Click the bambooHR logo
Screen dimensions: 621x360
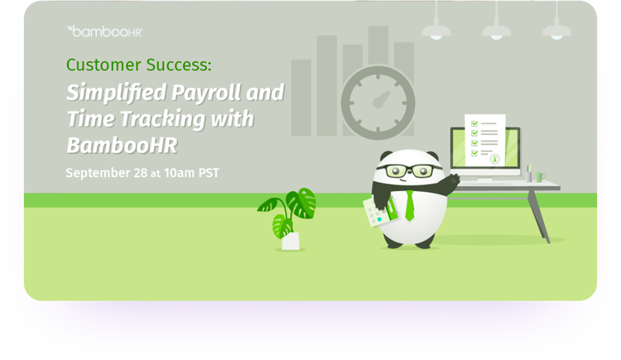(104, 31)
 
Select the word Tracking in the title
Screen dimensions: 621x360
(162, 119)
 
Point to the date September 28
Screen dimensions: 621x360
(107, 173)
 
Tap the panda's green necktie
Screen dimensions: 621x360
(410, 205)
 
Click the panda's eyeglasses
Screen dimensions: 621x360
(409, 170)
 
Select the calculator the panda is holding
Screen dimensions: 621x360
(376, 213)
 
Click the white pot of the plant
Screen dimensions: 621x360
(291, 241)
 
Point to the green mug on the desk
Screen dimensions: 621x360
(540, 176)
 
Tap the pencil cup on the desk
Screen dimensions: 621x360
(528, 176)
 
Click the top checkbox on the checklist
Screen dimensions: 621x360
(474, 123)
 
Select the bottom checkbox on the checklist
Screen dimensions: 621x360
(474, 153)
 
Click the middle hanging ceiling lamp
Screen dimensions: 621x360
(496, 31)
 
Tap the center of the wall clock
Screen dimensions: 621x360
(378, 103)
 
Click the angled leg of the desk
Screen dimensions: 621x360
(538, 216)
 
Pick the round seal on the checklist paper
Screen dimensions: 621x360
(494, 159)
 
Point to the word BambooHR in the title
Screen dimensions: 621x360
(122, 146)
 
